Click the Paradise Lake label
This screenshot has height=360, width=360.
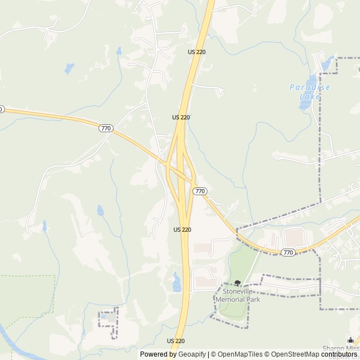[x=309, y=92]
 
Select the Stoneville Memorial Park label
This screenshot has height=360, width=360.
[x=238, y=296]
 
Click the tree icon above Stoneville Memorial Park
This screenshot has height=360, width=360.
[x=237, y=283]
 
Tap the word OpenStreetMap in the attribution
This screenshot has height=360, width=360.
[x=293, y=354]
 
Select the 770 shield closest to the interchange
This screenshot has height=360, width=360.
[x=200, y=191]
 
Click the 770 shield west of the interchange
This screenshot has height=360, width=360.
[x=105, y=128]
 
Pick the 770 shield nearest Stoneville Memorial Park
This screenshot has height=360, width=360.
[x=288, y=253]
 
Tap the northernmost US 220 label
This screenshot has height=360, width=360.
[x=196, y=52]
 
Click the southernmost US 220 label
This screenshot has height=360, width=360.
[x=175, y=341]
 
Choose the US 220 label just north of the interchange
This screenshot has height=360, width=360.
[x=181, y=117]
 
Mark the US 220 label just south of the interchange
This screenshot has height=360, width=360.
[x=182, y=229]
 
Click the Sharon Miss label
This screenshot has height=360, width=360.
[x=340, y=349]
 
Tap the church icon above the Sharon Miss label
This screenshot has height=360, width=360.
[x=350, y=340]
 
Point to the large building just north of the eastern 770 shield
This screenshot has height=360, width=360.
[x=294, y=236]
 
